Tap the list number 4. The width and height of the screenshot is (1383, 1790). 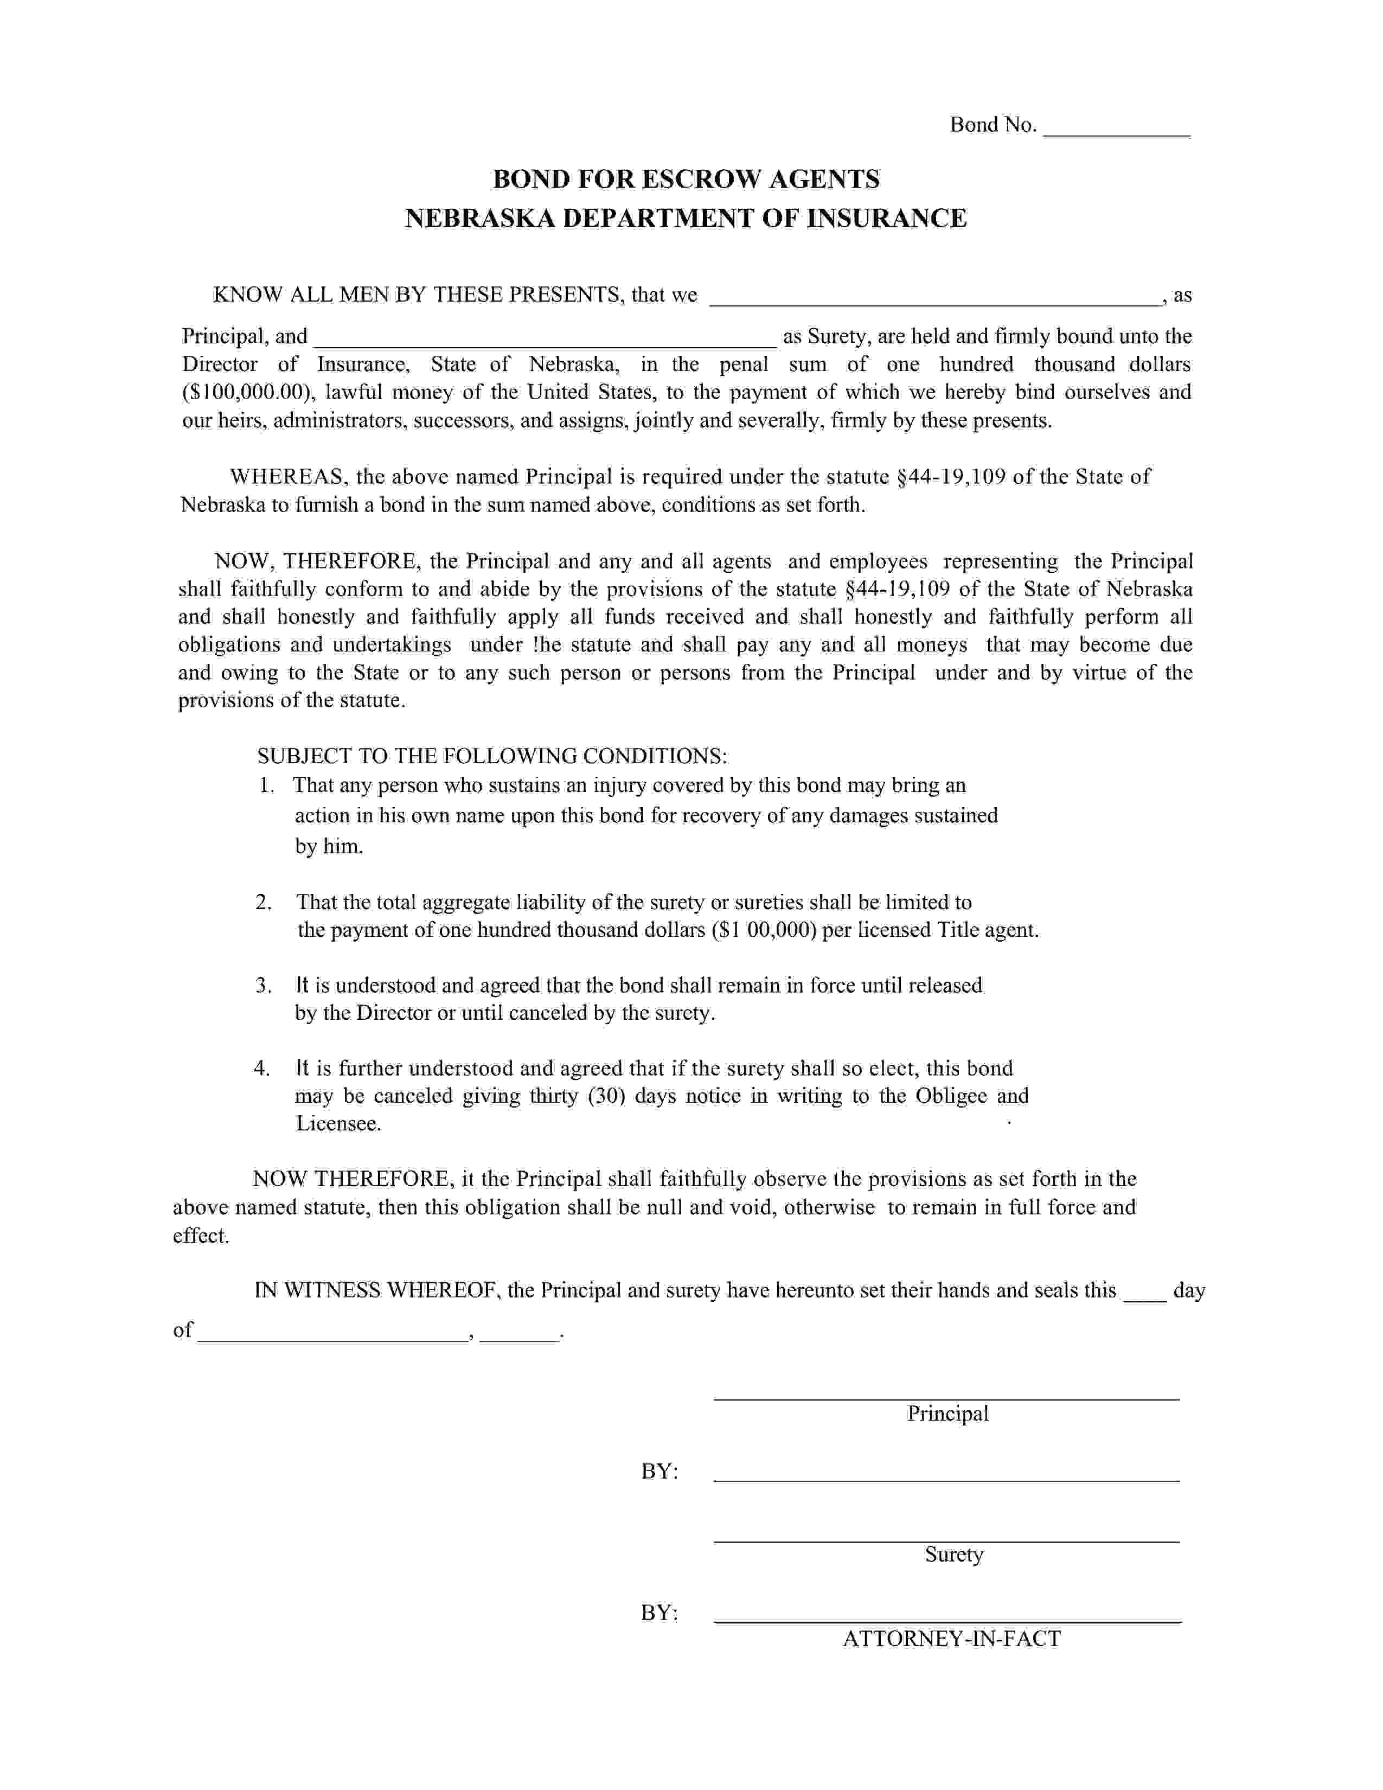261,1069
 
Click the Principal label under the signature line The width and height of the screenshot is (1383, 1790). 948,1414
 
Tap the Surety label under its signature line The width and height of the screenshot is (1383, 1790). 953,1555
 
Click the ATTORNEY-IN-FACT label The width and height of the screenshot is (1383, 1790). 951,1639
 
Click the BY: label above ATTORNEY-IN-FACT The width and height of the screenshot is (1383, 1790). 659,1614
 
